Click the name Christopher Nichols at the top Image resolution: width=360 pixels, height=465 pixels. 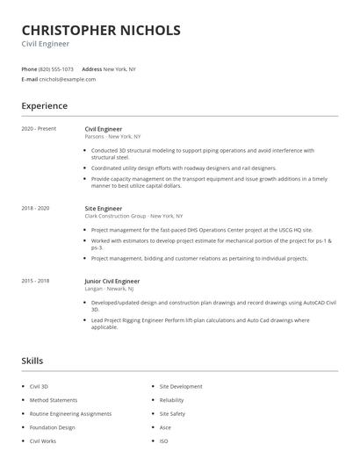pyautogui.click(x=101, y=30)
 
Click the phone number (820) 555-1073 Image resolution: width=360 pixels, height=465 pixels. pyautogui.click(x=56, y=68)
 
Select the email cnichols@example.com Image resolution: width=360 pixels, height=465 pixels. pyautogui.click(x=68, y=79)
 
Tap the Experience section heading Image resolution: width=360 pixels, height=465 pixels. pyautogui.click(x=44, y=106)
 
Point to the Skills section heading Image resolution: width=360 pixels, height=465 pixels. pyautogui.click(x=32, y=361)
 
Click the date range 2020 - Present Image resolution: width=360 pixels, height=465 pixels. pyautogui.click(x=39, y=129)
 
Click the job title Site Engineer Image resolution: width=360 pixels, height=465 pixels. pyautogui.click(x=103, y=208)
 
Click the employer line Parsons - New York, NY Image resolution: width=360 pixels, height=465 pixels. pyautogui.click(x=113, y=137)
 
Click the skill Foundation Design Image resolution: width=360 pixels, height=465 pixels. pyautogui.click(x=52, y=427)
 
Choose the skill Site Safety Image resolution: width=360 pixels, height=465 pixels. pyautogui.click(x=172, y=413)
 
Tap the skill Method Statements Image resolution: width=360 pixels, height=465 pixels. pyautogui.click(x=53, y=400)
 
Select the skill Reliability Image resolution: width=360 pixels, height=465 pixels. pyautogui.click(x=171, y=400)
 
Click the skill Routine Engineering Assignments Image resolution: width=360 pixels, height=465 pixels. pyautogui.click(x=70, y=413)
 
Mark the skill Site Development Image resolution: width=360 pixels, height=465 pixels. pyautogui.click(x=181, y=386)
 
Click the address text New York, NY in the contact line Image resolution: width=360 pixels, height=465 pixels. pyautogui.click(x=119, y=68)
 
